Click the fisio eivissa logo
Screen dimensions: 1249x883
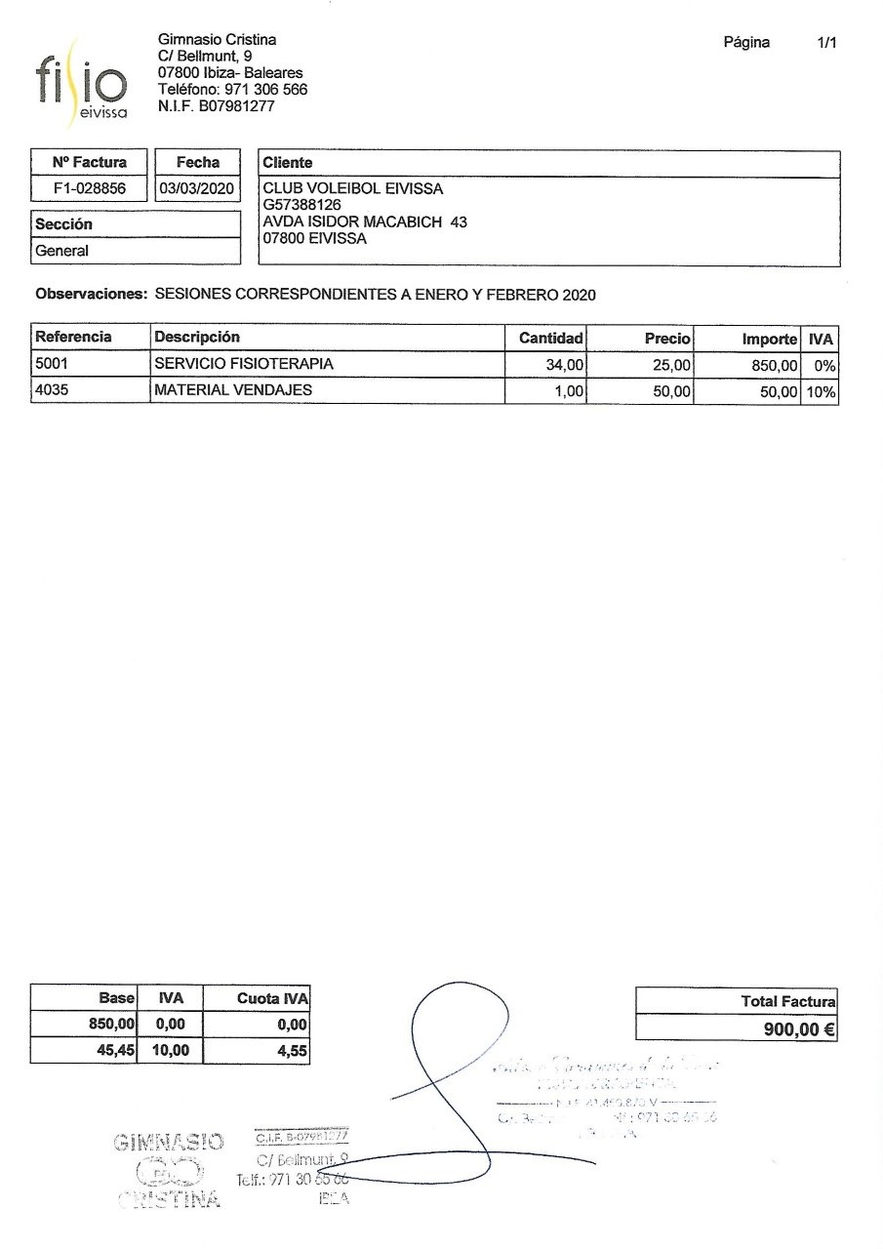pyautogui.click(x=79, y=84)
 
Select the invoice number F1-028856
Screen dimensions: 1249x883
pyautogui.click(x=90, y=188)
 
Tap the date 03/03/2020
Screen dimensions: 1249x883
pyautogui.click(x=198, y=188)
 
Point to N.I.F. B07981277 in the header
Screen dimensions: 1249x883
pyautogui.click(x=216, y=106)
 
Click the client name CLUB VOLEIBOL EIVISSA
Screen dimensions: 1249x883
pyautogui.click(x=353, y=189)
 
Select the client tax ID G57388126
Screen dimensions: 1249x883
pyautogui.click(x=301, y=206)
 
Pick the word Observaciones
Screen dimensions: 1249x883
pyautogui.click(x=92, y=294)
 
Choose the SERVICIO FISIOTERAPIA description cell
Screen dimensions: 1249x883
pyautogui.click(x=244, y=364)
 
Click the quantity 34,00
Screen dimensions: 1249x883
pyautogui.click(x=561, y=365)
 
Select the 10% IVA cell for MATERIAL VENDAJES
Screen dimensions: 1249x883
pyautogui.click(x=820, y=392)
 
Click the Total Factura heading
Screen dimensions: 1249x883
pyautogui.click(x=786, y=1001)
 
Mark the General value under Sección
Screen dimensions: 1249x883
pyautogui.click(x=62, y=251)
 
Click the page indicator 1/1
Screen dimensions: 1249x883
pyautogui.click(x=827, y=42)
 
